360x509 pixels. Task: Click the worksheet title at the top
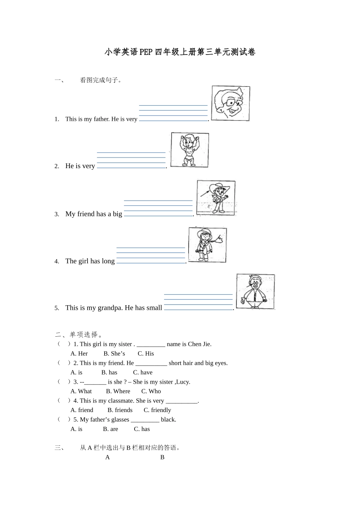click(x=180, y=52)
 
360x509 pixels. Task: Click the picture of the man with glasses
click(x=230, y=103)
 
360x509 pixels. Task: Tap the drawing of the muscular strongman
click(x=189, y=150)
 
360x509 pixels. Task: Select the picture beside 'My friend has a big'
click(x=216, y=198)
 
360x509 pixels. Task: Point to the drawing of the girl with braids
click(x=207, y=245)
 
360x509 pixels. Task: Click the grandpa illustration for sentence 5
click(x=255, y=291)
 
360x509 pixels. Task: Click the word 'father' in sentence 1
click(x=101, y=119)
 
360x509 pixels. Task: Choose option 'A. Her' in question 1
click(x=79, y=354)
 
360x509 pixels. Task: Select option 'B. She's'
click(x=114, y=354)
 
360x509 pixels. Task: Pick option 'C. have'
click(x=143, y=373)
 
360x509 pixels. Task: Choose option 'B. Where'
click(x=118, y=392)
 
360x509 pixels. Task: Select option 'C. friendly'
click(x=157, y=410)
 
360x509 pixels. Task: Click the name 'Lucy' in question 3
click(x=183, y=382)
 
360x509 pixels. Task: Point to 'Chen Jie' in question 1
click(x=199, y=344)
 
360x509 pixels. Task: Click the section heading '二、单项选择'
click(x=78, y=335)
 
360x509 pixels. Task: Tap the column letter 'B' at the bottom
click(x=162, y=457)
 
